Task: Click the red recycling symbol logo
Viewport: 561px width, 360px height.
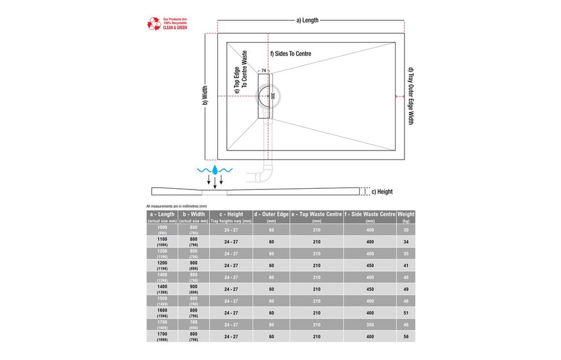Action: click(154, 24)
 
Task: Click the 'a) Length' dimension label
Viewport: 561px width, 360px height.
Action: click(307, 20)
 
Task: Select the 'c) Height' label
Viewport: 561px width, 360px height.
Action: click(381, 192)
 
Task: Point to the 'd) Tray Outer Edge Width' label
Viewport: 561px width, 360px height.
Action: click(410, 96)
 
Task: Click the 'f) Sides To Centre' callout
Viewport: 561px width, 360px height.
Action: click(291, 54)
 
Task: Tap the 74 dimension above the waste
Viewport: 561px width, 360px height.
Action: click(263, 70)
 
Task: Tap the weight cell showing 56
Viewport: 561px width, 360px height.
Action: click(406, 336)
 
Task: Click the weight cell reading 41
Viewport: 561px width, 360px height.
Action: click(406, 266)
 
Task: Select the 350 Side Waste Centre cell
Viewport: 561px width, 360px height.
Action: click(370, 325)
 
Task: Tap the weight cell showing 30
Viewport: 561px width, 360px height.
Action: click(406, 230)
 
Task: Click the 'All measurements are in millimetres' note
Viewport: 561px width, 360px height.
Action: click(176, 205)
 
